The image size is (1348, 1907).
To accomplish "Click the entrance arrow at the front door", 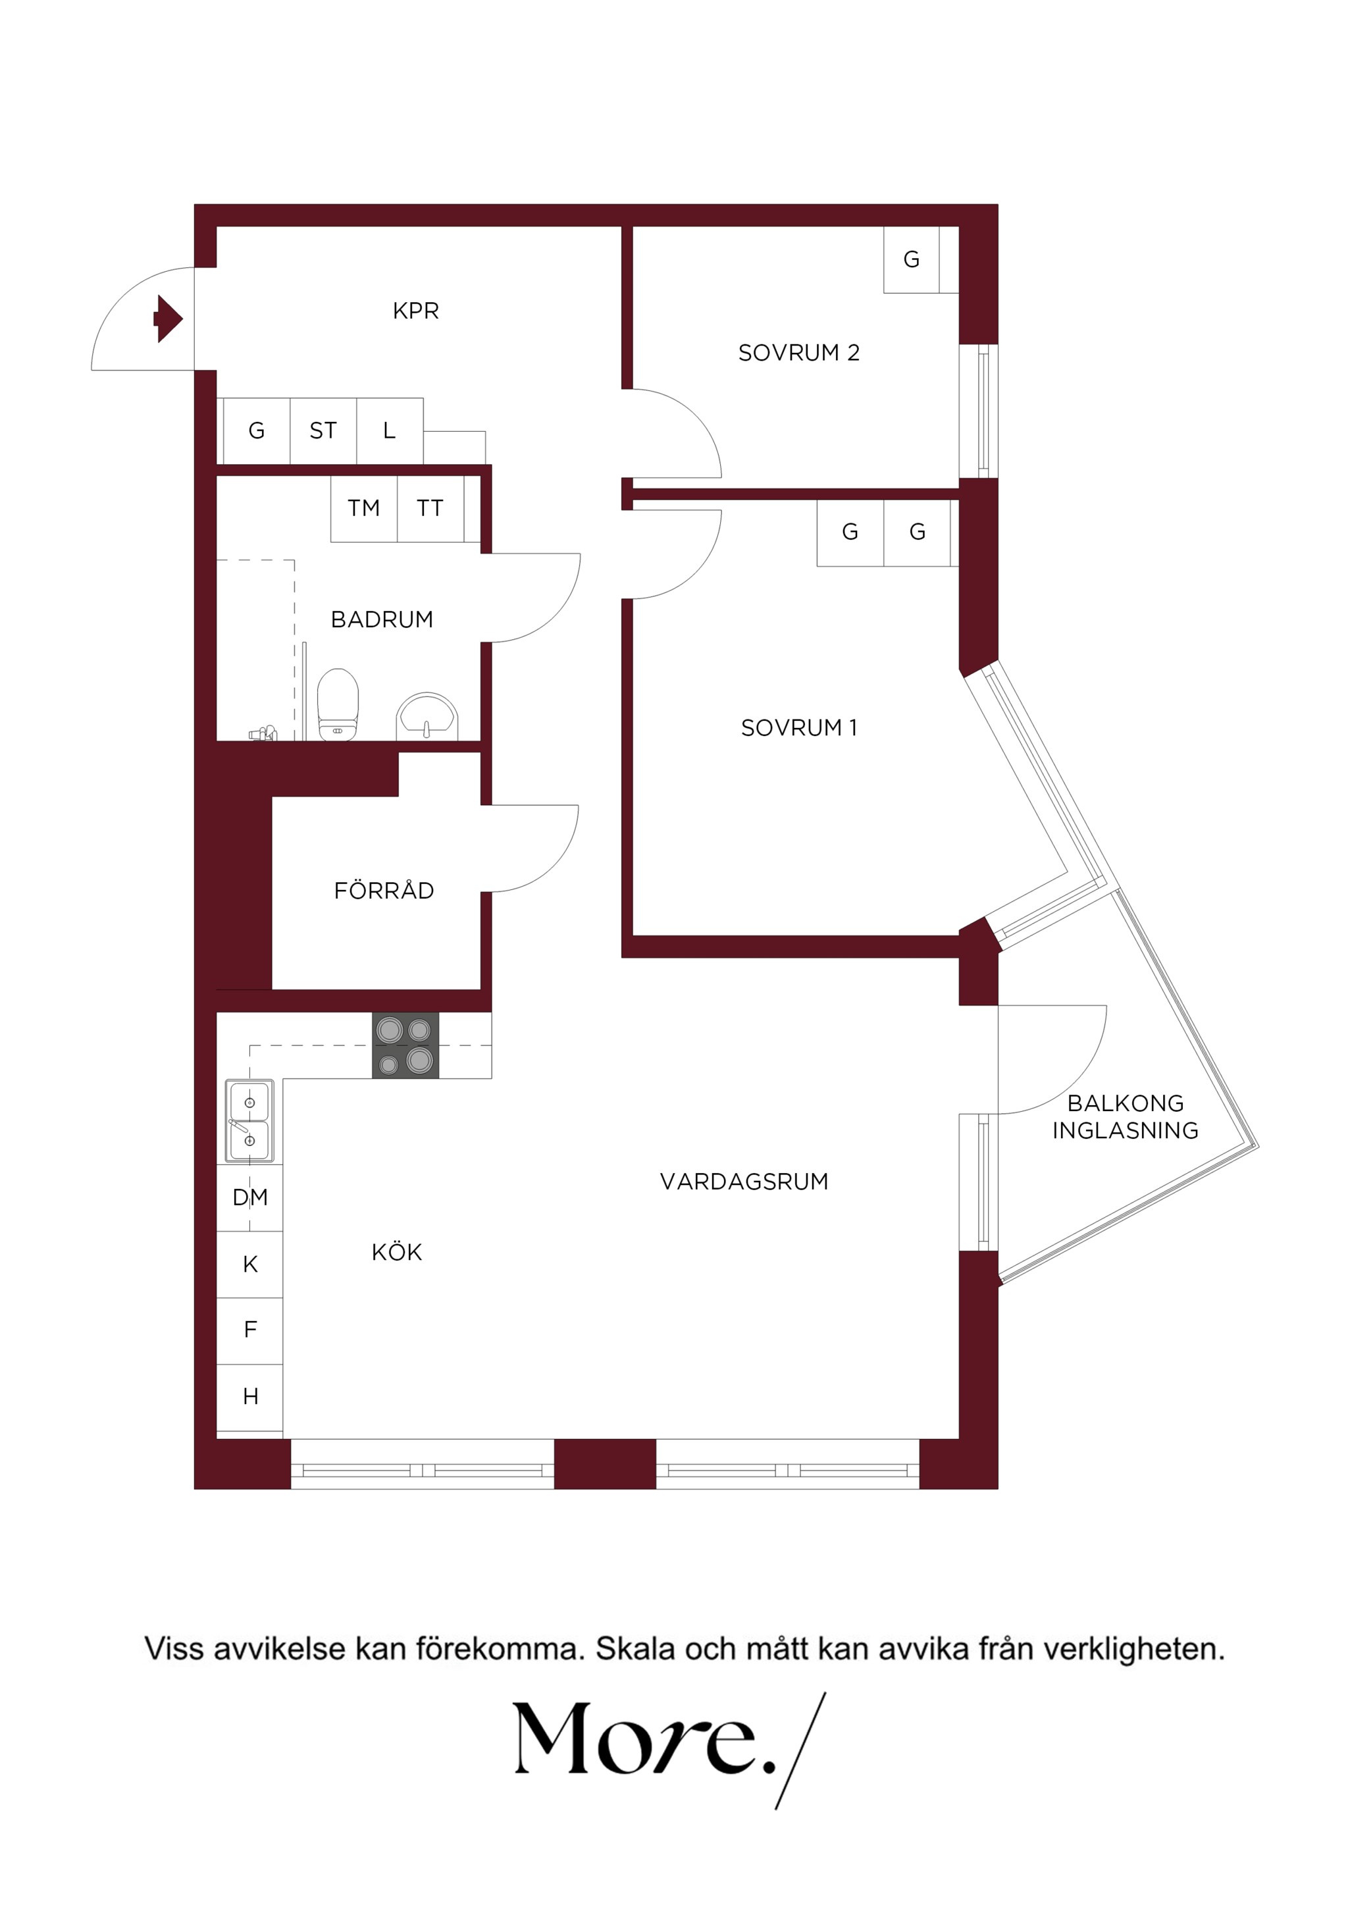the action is click(168, 318).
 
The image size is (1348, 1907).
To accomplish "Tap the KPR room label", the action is click(415, 311).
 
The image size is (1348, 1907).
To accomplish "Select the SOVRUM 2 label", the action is click(798, 353).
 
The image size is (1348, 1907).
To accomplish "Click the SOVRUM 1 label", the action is click(798, 727).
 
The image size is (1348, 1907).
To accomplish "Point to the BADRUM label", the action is click(382, 619).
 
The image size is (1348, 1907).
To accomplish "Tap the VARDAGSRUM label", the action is click(744, 1181).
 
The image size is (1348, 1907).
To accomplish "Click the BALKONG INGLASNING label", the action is click(1126, 1116).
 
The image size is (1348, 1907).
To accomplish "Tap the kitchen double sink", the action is click(249, 1120).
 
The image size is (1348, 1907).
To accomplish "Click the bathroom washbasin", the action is click(427, 716).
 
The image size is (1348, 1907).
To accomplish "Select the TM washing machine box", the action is click(364, 508).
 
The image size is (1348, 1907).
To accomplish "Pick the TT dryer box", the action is click(430, 508).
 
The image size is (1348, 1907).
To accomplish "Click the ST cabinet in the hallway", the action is click(323, 431).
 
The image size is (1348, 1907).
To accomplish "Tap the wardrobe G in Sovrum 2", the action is click(911, 260).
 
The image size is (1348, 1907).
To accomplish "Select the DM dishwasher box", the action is click(250, 1197).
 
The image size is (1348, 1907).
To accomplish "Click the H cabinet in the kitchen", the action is click(250, 1396).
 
